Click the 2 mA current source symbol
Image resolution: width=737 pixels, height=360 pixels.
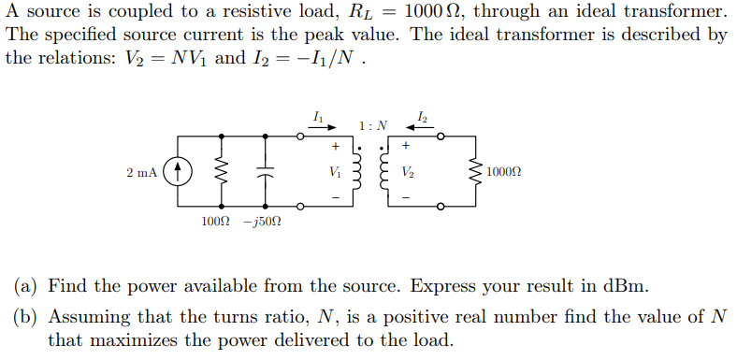[179, 172]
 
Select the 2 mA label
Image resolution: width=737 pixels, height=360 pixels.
[142, 173]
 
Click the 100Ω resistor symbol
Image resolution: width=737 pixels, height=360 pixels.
[222, 172]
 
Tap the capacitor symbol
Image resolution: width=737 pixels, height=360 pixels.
[265, 172]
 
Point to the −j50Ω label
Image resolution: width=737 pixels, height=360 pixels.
[263, 223]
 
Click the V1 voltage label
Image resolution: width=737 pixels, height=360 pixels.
[335, 172]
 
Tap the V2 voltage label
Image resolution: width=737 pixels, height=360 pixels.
[407, 172]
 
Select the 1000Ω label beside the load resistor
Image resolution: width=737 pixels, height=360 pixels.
[505, 173]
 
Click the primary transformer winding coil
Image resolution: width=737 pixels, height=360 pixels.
[356, 173]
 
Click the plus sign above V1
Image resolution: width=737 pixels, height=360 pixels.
[335, 147]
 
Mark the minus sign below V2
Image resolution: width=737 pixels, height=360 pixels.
[406, 198]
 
